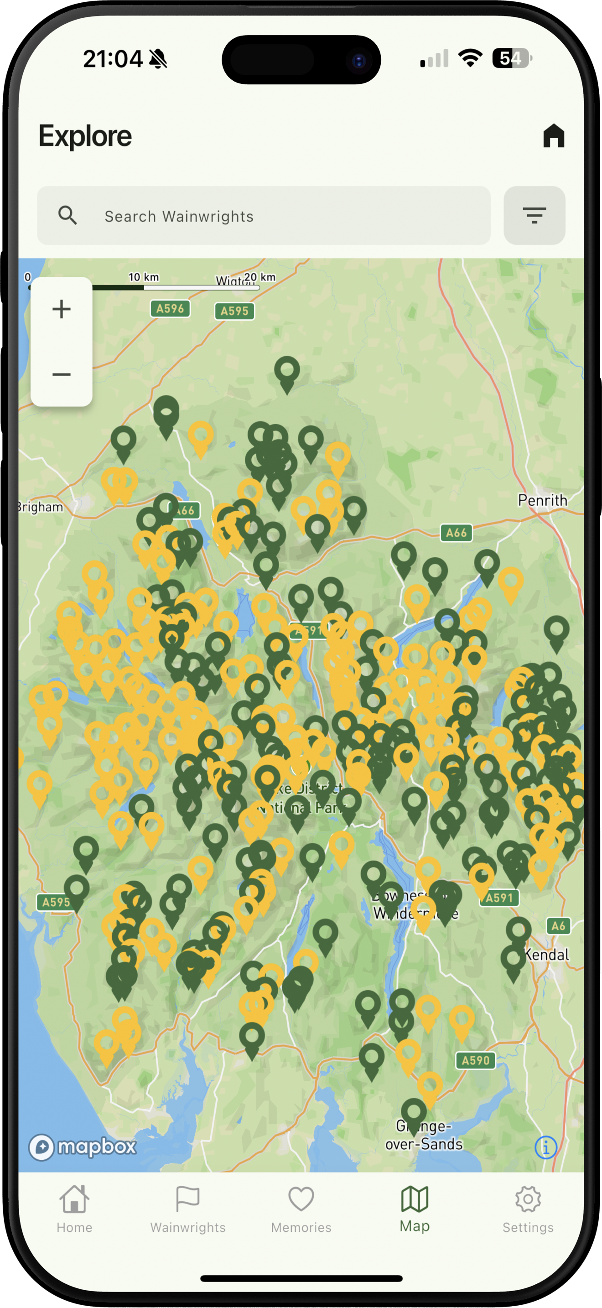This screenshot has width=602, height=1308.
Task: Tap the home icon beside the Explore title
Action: pyautogui.click(x=553, y=136)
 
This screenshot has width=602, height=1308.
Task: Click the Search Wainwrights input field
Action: pyautogui.click(x=264, y=216)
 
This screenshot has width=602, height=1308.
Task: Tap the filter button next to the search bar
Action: pyautogui.click(x=534, y=216)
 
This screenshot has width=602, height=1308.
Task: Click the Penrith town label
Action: pyautogui.click(x=542, y=500)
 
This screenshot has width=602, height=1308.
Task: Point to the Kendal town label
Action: pyautogui.click(x=547, y=955)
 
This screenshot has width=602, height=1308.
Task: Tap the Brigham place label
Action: pyautogui.click(x=40, y=507)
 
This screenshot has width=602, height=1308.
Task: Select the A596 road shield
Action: pyautogui.click(x=170, y=308)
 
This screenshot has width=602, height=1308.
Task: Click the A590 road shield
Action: pyautogui.click(x=475, y=1060)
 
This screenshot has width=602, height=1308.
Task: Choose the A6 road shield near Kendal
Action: pyautogui.click(x=558, y=926)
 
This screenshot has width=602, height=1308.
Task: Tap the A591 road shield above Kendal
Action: pyautogui.click(x=499, y=898)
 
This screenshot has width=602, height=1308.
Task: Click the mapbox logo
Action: pyautogui.click(x=83, y=1146)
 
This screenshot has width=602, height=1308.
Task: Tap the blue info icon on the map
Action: pyautogui.click(x=545, y=1147)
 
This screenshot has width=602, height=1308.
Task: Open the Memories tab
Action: pyautogui.click(x=301, y=1209)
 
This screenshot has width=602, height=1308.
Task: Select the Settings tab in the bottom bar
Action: pyautogui.click(x=528, y=1209)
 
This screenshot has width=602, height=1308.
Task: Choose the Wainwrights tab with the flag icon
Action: pyautogui.click(x=188, y=1209)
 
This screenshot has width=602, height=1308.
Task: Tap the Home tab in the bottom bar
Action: pyautogui.click(x=74, y=1209)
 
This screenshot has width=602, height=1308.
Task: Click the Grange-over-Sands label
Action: pyautogui.click(x=424, y=1135)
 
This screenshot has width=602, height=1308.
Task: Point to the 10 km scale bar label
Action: pyautogui.click(x=144, y=277)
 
